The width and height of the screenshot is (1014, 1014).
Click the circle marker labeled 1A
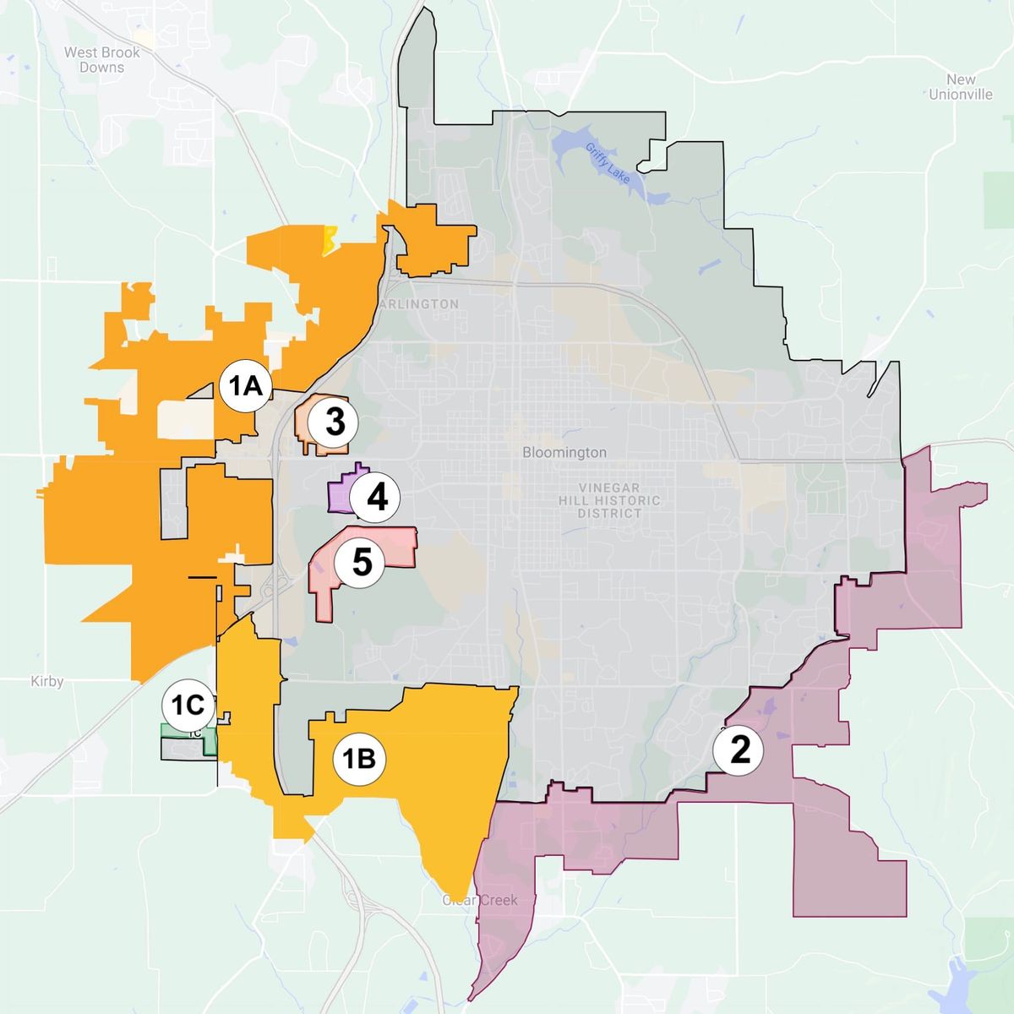pos(245,387)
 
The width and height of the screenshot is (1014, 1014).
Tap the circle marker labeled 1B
pos(358,758)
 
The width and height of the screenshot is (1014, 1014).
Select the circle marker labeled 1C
pos(189,704)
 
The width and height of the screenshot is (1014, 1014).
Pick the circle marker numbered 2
pos(739,750)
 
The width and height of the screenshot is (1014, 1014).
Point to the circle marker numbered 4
pos(376,497)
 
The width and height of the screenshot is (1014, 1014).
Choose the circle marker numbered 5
pos(362,562)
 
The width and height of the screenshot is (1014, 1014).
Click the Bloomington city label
pos(564,453)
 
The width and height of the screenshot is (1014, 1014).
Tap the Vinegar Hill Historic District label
pos(620,500)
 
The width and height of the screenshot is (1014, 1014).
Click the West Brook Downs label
pos(101,59)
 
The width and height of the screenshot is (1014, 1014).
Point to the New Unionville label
pos(961,87)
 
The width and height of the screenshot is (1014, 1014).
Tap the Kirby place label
pos(46,681)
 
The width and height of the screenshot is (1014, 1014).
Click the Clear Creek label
pos(480,901)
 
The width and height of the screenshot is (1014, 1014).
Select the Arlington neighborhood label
pos(420,304)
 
